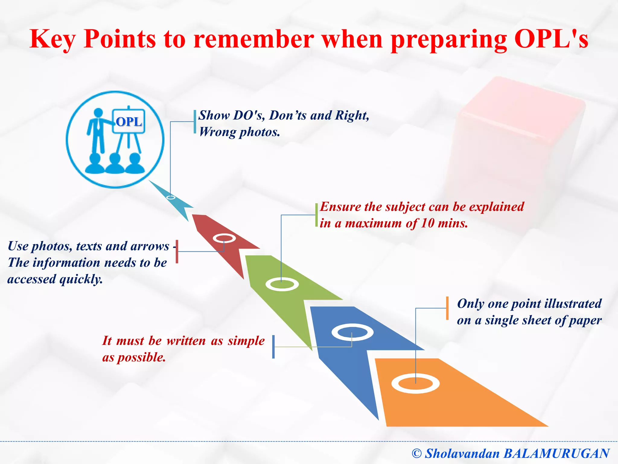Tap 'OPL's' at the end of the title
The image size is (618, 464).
pyautogui.click(x=551, y=39)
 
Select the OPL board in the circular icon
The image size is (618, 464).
pyautogui.click(x=129, y=121)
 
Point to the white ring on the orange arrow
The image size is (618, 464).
pyautogui.click(x=415, y=384)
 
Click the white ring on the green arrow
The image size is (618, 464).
pyautogui.click(x=282, y=284)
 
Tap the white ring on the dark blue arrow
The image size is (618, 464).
pyautogui.click(x=352, y=332)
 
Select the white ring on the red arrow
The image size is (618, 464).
pyautogui.click(x=224, y=238)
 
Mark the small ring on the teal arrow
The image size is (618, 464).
pyautogui.click(x=171, y=198)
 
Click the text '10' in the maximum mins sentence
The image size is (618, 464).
pyautogui.click(x=427, y=224)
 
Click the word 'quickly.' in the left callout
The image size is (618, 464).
pyautogui.click(x=81, y=279)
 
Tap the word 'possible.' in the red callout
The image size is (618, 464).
pyautogui.click(x=141, y=358)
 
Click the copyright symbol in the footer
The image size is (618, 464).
pyautogui.click(x=416, y=453)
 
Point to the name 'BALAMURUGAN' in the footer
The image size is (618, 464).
pyautogui.click(x=557, y=453)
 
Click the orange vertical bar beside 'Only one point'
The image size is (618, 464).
pyautogui.click(x=447, y=308)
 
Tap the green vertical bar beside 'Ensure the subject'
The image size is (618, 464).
pyautogui.click(x=316, y=215)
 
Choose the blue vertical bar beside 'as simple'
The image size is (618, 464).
pyautogui.click(x=273, y=347)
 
